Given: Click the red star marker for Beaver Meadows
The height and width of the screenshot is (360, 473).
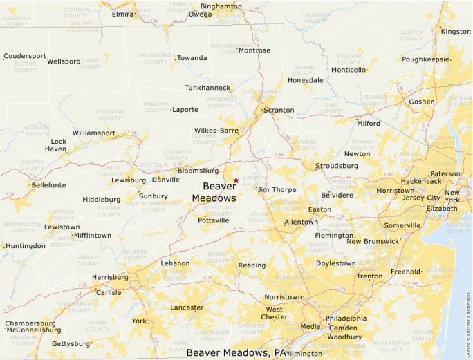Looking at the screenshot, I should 236,180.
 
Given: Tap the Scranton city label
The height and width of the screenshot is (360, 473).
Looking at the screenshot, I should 279,110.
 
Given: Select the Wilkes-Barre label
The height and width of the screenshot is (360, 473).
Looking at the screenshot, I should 216,130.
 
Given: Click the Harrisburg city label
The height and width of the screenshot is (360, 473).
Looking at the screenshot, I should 110,277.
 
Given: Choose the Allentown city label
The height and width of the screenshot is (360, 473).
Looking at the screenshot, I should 301,222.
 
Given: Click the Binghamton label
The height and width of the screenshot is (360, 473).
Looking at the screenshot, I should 221,6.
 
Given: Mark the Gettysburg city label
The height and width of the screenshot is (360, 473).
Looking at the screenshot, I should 71,343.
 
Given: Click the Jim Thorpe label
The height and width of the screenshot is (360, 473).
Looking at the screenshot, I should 277,189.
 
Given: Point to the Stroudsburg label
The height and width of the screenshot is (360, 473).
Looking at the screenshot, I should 337,166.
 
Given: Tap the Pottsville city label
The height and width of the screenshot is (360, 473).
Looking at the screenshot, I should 214,220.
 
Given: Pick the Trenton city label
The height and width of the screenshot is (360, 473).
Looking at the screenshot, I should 369,276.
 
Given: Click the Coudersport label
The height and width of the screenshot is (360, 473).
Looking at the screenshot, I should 25,56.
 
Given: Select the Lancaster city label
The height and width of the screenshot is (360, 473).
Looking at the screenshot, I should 187,307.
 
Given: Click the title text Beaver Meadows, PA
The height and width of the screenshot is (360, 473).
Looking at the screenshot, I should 236,352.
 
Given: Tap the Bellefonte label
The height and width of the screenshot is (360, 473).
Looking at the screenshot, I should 49,185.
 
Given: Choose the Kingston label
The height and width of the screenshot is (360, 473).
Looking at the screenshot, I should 455,32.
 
